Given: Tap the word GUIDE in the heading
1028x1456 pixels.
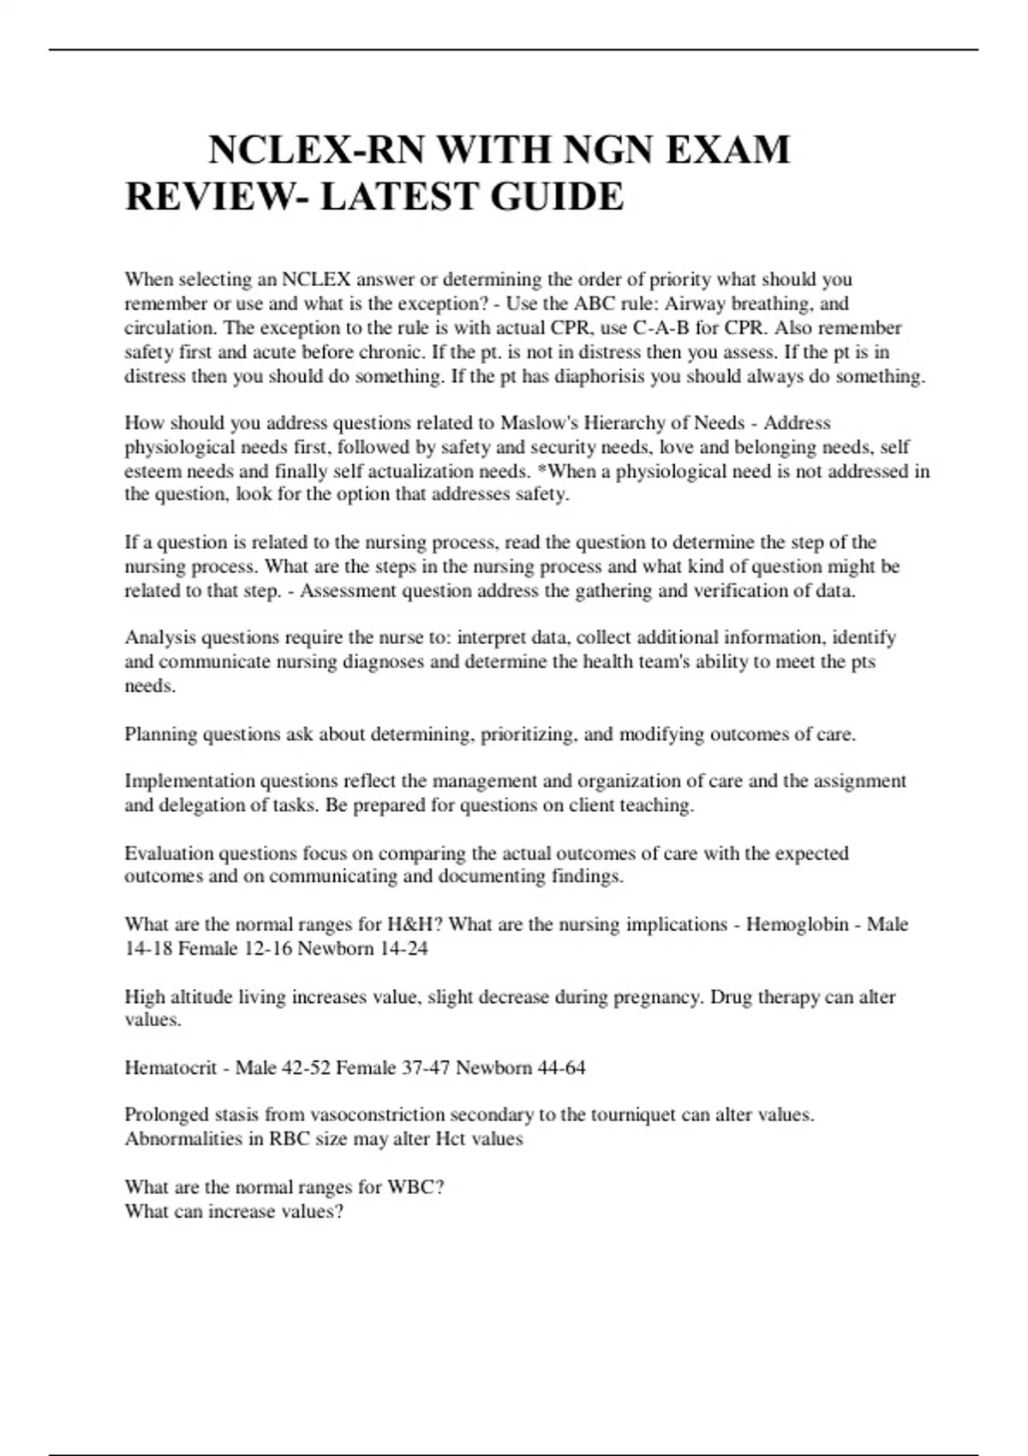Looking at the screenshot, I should [557, 197].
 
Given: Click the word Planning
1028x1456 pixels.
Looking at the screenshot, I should [160, 734].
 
